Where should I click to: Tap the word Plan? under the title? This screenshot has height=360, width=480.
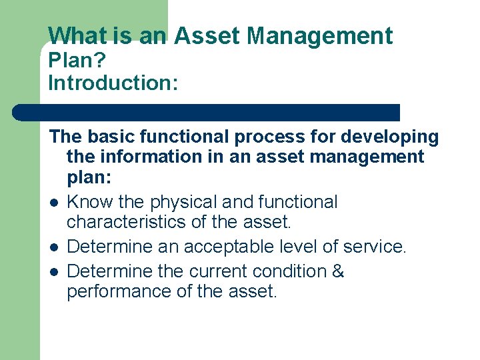click(77, 61)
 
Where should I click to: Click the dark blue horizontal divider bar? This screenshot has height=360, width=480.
click(207, 112)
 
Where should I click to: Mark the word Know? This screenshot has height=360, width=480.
click(89, 202)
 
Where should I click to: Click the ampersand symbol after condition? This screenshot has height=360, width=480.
click(337, 271)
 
